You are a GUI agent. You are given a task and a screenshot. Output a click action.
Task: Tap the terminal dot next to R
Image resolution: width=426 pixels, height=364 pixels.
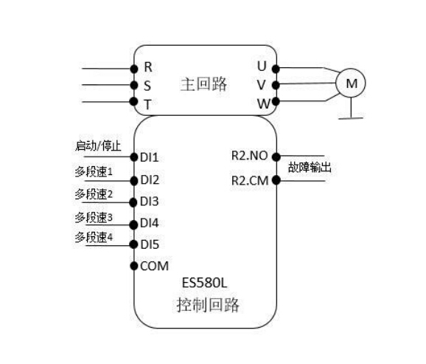134,69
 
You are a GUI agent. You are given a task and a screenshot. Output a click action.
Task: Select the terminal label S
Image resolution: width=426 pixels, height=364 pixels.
147,86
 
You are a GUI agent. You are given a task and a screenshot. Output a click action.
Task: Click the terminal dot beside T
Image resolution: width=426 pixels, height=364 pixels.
133,102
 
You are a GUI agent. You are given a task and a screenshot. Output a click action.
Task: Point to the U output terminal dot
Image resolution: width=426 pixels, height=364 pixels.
276,69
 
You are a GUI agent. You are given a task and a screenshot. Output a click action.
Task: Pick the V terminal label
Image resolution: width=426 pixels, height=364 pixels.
261,85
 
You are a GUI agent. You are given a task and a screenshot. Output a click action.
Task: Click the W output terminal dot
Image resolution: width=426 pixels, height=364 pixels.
276,102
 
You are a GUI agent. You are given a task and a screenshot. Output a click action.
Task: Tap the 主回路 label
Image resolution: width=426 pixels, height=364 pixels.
203,84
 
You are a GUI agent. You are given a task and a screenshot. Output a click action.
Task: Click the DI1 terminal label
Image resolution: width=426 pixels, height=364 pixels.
149,157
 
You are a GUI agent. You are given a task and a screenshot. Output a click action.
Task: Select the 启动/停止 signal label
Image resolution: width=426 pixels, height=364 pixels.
98,146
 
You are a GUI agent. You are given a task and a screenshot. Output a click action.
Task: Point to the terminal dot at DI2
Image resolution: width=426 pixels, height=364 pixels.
134,180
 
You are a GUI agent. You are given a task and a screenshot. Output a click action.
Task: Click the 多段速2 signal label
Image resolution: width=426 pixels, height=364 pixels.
94,194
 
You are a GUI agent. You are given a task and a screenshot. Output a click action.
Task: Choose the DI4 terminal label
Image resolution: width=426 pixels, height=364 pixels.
149,223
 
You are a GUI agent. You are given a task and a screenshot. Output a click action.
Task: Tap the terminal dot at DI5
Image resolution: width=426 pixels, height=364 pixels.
133,244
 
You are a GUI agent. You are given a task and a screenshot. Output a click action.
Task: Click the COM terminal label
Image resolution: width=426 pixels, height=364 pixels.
154,266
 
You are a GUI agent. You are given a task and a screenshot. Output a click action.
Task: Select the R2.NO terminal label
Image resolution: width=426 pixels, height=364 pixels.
250,156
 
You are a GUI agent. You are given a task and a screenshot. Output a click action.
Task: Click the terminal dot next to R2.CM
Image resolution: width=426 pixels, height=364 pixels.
276,180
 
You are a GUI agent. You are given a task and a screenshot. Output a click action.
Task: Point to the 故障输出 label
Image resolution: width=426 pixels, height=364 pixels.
310,167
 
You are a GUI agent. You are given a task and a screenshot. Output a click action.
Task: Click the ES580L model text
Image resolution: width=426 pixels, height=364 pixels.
204,283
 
